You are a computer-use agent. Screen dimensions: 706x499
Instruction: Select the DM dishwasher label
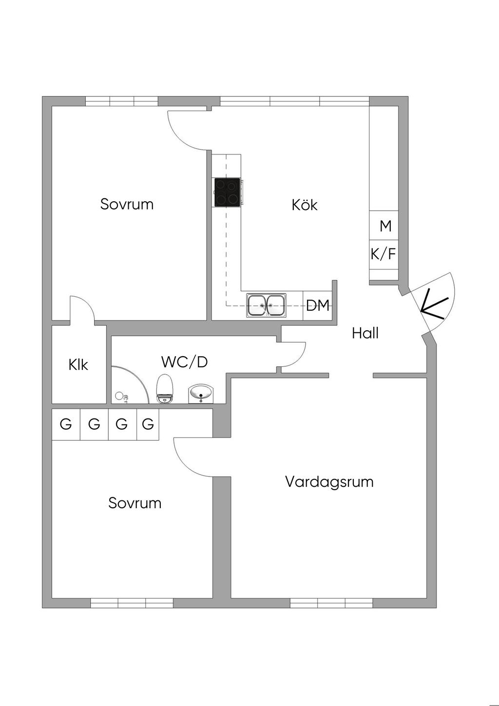[x=318, y=305]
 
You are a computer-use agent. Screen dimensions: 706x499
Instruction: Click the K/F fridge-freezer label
[x=384, y=254]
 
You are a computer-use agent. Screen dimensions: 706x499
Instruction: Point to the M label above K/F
[x=385, y=226]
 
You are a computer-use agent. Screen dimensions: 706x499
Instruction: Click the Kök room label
[x=305, y=205]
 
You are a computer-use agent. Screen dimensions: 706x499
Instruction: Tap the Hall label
[x=365, y=333]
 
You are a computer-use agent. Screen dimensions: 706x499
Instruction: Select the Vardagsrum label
[x=329, y=482]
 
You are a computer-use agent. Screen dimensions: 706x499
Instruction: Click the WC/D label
[x=184, y=362]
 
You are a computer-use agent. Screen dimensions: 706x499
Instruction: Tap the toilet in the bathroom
[x=165, y=388]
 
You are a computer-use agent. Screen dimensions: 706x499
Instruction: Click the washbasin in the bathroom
[x=201, y=393]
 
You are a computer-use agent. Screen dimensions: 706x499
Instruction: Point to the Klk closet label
[x=78, y=364]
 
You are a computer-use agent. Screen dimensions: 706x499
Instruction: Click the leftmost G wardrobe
[x=66, y=424]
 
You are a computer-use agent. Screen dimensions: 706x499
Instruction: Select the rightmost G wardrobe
[x=148, y=424]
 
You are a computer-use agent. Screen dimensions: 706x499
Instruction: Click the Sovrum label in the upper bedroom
[x=127, y=204]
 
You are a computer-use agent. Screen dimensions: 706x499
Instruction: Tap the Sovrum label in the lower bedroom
[x=134, y=503]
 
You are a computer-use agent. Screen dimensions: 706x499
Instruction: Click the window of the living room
[x=331, y=603]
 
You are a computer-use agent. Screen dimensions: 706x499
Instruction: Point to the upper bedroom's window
[x=122, y=101]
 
